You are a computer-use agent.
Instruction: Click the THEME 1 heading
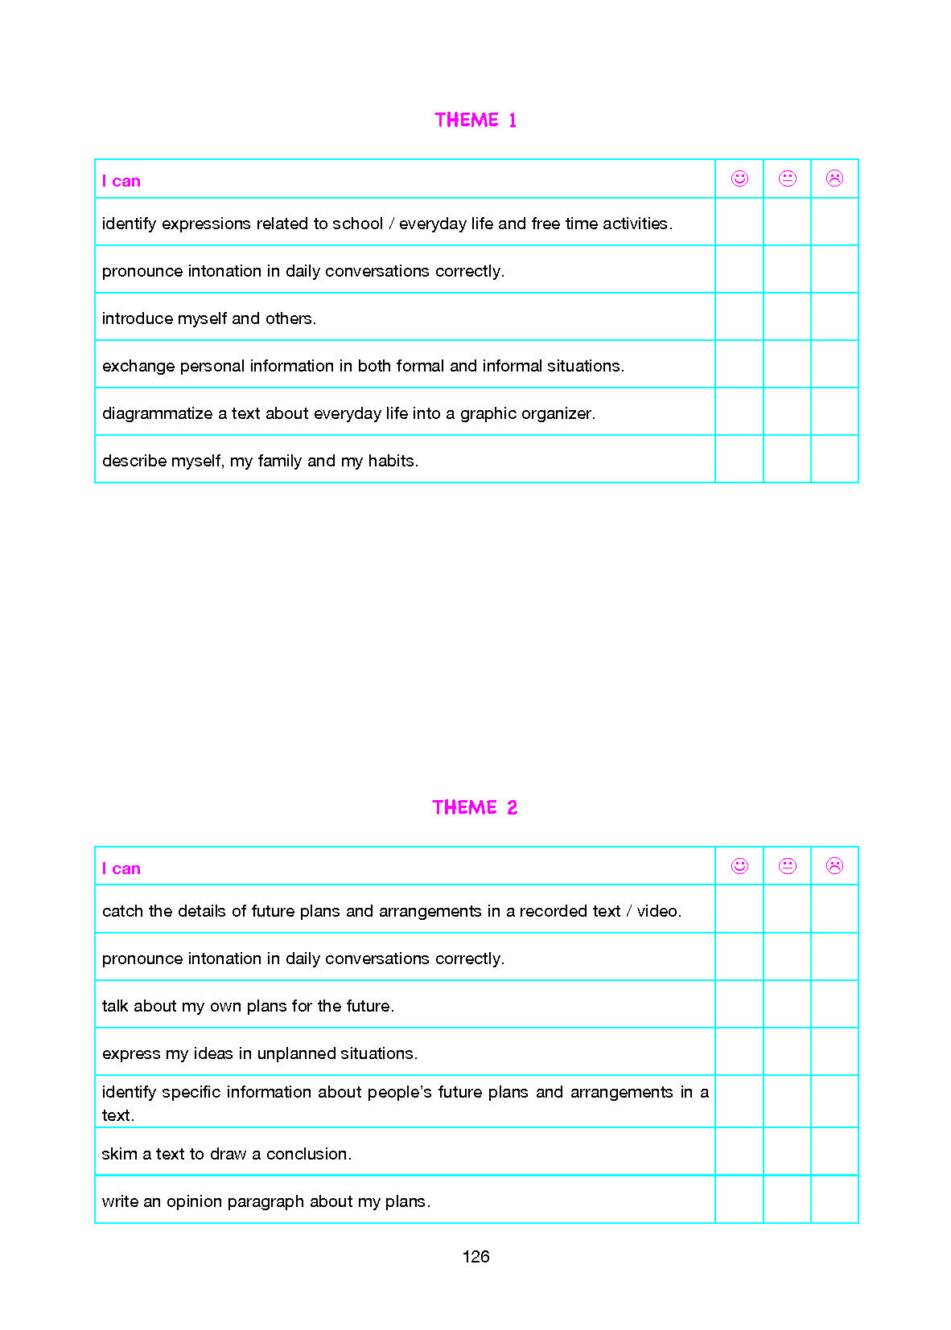coord(475,121)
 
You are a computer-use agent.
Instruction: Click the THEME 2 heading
coord(475,807)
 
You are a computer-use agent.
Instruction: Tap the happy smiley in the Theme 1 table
coord(739,179)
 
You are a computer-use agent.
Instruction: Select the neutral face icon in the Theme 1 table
coord(788,179)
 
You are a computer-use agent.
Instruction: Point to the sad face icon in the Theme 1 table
coord(834,179)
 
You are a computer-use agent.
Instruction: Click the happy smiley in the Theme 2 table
coord(739,866)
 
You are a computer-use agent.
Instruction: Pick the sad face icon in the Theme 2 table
coord(834,866)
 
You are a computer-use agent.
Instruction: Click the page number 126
coord(475,1257)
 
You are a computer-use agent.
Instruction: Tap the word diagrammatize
coord(157,413)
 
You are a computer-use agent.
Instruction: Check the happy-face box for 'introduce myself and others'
coord(739,317)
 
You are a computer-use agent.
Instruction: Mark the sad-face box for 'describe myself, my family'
coord(834,459)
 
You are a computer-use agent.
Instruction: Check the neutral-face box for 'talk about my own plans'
coord(788,1004)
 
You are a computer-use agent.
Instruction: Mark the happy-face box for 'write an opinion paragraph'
coord(739,1200)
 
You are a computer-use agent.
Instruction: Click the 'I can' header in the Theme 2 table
coord(121,868)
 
